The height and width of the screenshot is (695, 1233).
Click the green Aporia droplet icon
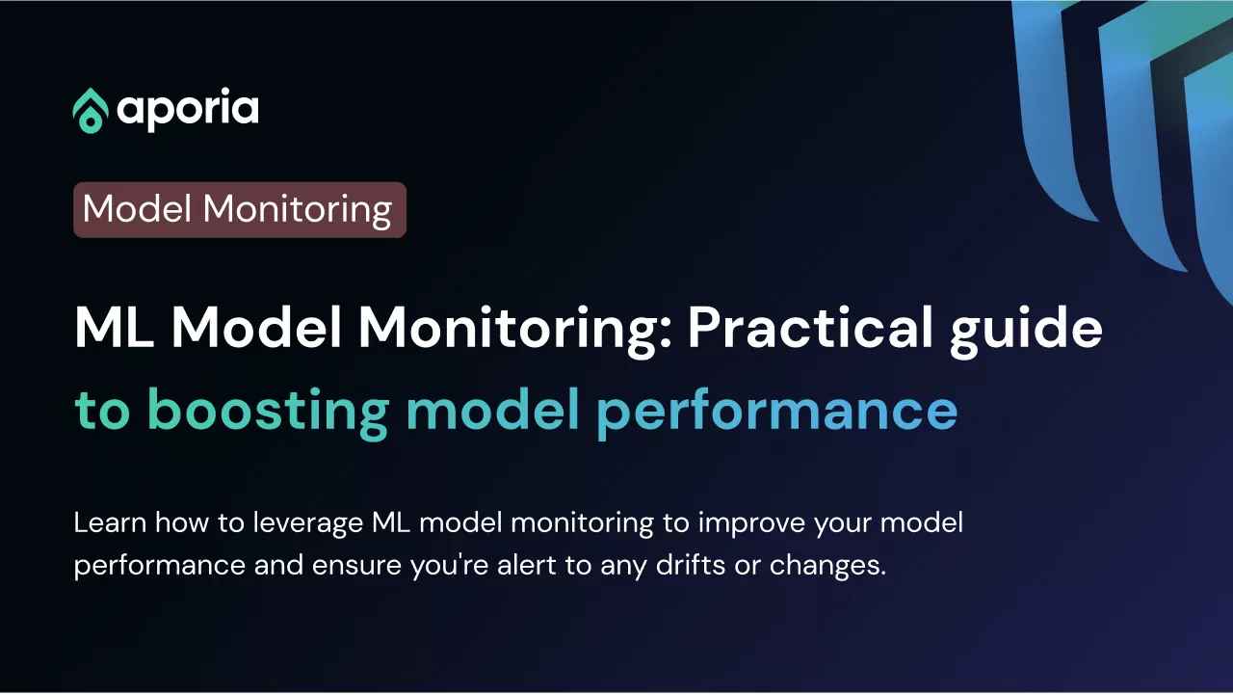[x=91, y=111]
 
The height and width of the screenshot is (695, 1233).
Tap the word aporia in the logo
[x=188, y=110]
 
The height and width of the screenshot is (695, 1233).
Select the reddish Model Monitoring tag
[x=240, y=210]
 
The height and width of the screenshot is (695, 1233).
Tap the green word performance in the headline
[x=776, y=414]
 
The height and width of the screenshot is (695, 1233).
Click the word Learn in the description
[x=110, y=522]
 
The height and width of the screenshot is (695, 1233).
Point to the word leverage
[x=307, y=524]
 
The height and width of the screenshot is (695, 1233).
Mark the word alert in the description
[x=526, y=566]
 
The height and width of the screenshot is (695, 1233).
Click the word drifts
[x=691, y=566]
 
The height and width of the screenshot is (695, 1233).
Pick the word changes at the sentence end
[x=827, y=567]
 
